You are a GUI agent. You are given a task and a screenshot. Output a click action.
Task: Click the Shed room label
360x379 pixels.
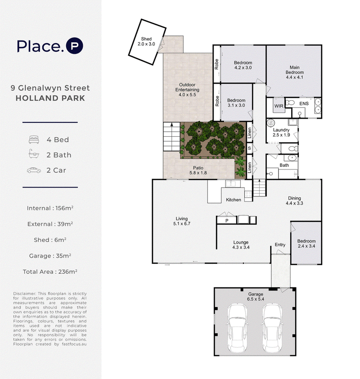(146, 41)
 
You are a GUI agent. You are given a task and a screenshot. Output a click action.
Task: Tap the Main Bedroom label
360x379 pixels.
(294, 72)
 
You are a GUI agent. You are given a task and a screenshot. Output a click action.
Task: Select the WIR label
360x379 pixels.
(279, 106)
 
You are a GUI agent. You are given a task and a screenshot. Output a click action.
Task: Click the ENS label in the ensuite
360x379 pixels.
(304, 104)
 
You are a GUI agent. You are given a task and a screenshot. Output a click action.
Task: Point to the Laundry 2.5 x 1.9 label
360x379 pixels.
(281, 133)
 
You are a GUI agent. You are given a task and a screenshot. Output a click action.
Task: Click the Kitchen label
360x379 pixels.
(234, 200)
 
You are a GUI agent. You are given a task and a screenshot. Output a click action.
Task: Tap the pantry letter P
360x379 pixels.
(227, 220)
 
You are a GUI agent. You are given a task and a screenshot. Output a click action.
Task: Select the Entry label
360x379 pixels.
(280, 245)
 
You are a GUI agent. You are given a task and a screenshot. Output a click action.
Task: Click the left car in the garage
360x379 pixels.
(237, 329)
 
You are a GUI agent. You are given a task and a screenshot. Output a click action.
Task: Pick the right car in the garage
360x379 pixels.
(272, 329)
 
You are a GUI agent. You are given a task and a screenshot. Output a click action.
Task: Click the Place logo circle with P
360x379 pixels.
(75, 46)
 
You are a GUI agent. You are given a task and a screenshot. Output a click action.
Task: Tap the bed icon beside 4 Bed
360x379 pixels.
(34, 140)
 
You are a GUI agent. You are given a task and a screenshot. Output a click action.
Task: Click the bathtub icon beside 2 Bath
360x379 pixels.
(34, 154)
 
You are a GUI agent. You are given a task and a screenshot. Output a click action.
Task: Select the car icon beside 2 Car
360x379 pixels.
(34, 170)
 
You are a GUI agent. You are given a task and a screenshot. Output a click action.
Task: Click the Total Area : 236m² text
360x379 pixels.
(50, 272)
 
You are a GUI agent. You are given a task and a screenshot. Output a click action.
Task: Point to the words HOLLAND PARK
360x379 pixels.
(50, 98)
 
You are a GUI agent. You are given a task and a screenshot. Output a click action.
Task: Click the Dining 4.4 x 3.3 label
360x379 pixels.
(294, 201)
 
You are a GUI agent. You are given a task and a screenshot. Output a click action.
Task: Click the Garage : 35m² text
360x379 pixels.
(50, 256)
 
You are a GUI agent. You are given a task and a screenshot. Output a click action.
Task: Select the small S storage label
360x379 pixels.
(249, 148)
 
